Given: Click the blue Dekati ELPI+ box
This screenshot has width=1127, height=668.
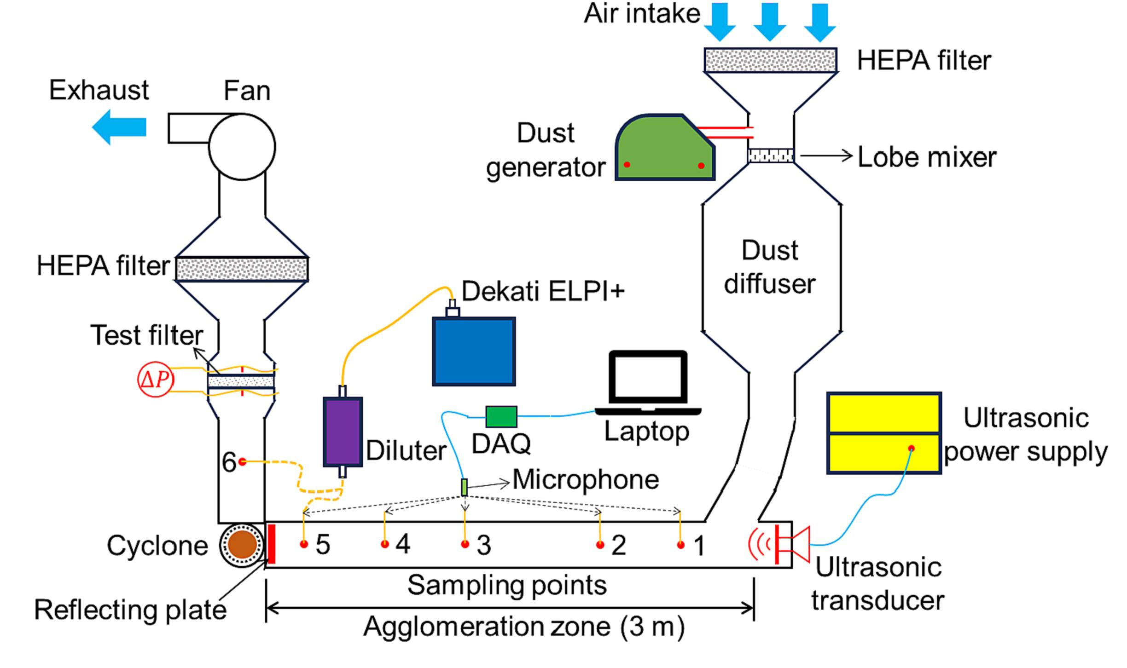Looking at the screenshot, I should (474, 351).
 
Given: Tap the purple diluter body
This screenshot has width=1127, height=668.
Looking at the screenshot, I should (343, 432).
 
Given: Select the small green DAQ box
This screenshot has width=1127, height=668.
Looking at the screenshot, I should (501, 416).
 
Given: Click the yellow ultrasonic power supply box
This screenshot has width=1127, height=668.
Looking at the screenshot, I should (884, 432).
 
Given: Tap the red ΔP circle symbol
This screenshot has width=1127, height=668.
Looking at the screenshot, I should (156, 380).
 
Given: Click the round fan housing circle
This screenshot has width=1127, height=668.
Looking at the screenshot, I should (242, 147).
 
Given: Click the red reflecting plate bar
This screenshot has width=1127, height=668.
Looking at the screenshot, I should (272, 544).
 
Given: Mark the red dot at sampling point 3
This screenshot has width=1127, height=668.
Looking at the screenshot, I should (465, 544).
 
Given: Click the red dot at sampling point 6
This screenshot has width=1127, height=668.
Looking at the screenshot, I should (242, 461).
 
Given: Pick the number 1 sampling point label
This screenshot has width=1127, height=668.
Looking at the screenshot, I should (699, 546).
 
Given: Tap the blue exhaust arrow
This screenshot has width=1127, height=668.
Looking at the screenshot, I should (120, 127).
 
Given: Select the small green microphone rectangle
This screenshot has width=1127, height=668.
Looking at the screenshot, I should (465, 487).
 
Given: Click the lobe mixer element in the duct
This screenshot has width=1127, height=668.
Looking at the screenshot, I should (771, 155).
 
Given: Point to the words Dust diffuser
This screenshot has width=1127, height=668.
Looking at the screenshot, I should (770, 267).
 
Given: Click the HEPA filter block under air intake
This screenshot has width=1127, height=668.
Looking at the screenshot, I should (770, 60).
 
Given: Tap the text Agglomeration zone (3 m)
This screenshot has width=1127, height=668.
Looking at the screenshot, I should (524, 627).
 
